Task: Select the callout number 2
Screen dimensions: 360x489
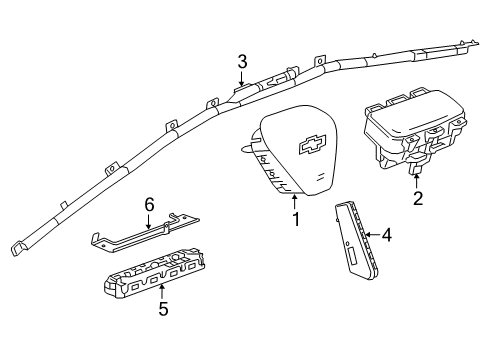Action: point(417,198)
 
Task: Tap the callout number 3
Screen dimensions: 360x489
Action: point(241,61)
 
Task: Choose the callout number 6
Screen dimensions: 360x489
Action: point(149,204)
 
